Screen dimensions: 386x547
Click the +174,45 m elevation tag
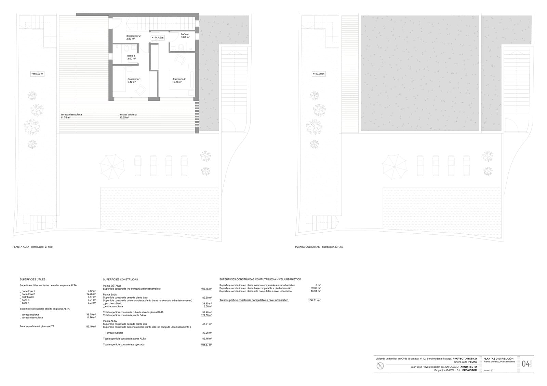tap(158, 38)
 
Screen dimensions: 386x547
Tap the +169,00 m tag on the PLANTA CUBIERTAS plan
tap(319, 74)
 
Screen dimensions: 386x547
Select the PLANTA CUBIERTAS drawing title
tap(319, 247)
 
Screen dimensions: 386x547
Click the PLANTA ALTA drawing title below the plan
tap(32, 247)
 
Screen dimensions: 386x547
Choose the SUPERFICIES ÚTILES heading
tap(32, 279)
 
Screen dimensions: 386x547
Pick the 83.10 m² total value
tap(91, 326)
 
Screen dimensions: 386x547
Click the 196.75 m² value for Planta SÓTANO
tap(206, 289)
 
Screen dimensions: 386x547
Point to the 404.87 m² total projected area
tap(206, 345)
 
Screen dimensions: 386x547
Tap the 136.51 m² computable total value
tap(314, 300)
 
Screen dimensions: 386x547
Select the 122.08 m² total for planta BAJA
tap(206, 315)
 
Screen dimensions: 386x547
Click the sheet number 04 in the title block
tap(526, 364)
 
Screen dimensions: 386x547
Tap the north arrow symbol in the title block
tap(380, 366)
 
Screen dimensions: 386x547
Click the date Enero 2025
tap(460, 362)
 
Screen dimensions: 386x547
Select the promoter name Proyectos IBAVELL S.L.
tap(448, 370)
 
